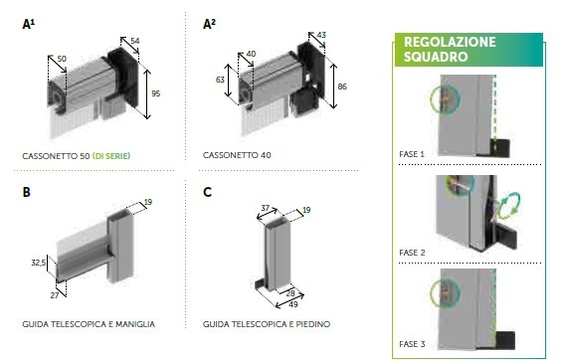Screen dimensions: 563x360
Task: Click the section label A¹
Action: [29, 24]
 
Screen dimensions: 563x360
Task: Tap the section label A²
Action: [209, 24]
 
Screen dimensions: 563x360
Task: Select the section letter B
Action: [27, 192]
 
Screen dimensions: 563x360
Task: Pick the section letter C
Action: [207, 192]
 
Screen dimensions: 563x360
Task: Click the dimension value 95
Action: [156, 93]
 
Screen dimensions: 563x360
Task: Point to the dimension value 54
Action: [135, 41]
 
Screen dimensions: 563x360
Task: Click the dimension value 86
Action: [342, 87]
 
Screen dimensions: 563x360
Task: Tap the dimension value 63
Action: [220, 80]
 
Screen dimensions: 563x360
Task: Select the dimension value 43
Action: [321, 35]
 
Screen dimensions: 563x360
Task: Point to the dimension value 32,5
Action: [39, 263]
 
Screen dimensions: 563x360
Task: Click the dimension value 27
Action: [55, 295]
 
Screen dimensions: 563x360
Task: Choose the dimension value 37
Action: [265, 208]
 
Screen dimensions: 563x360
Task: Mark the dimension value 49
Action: [293, 304]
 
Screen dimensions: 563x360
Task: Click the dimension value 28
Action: [290, 293]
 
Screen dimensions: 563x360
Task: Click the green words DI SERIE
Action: [111, 156]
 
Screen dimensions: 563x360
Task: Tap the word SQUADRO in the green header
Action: [436, 57]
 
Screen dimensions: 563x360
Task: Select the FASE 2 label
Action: [412, 253]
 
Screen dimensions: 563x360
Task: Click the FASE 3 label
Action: [412, 344]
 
